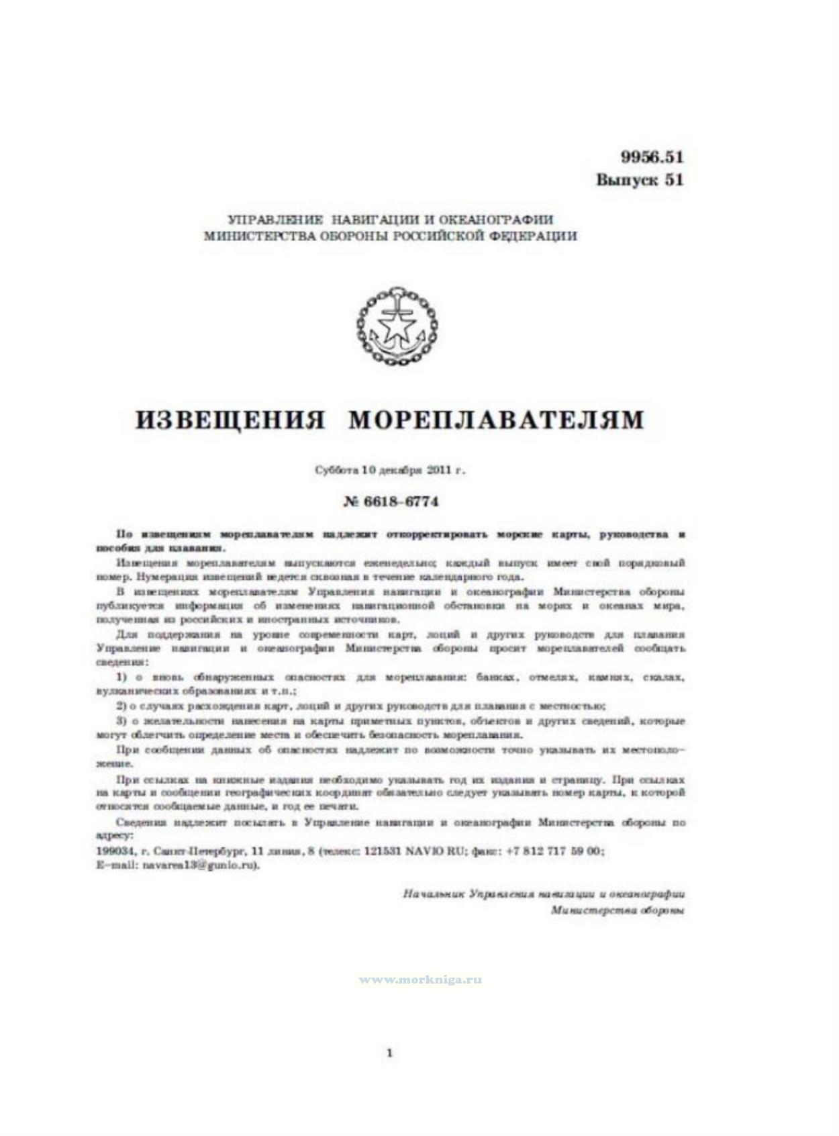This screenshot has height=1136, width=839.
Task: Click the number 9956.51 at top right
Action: (x=651, y=157)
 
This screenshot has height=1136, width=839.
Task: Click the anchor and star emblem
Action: (x=397, y=326)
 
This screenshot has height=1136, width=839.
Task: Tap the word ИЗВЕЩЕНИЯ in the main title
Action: (x=230, y=420)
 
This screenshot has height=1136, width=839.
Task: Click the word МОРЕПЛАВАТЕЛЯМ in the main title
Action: (x=496, y=420)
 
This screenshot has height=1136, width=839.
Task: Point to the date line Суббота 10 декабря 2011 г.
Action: (x=390, y=470)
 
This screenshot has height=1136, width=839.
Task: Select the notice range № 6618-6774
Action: (x=390, y=502)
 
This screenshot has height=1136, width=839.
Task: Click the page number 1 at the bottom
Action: (x=390, y=1053)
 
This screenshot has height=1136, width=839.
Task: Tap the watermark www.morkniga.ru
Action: (x=420, y=980)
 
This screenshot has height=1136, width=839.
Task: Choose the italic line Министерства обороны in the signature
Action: (x=617, y=910)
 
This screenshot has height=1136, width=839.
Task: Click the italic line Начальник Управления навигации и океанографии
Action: (x=544, y=894)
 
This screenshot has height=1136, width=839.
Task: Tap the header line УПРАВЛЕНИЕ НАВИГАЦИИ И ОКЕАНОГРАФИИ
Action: (x=391, y=220)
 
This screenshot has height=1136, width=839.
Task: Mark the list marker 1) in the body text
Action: (x=121, y=677)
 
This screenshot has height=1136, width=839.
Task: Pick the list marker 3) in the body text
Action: (x=121, y=721)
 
